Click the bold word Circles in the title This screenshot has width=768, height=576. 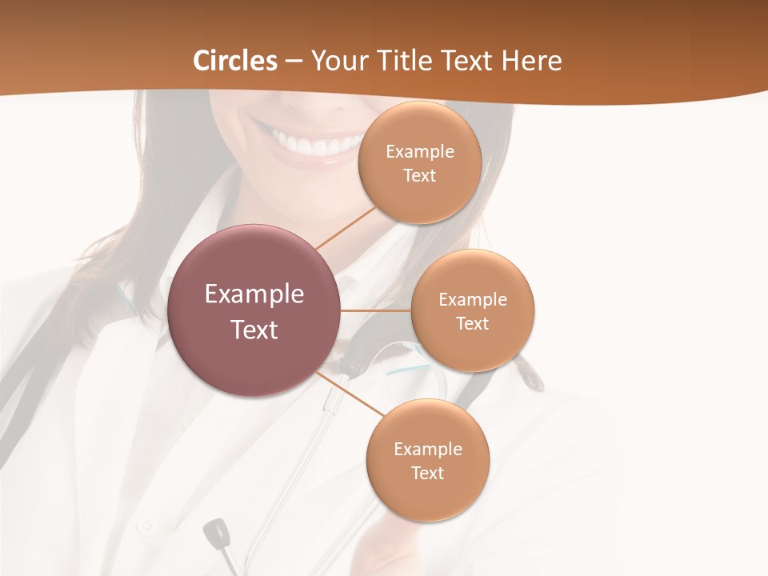click(235, 61)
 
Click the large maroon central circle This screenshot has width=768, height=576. click(254, 310)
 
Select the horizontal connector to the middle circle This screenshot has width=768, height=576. click(376, 310)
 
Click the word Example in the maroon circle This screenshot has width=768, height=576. click(254, 294)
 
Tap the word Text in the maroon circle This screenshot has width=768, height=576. click(254, 330)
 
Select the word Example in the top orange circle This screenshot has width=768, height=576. click(420, 152)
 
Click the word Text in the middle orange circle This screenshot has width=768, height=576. click(473, 324)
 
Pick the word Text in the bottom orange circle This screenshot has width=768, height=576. click(427, 474)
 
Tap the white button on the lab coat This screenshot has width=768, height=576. click(146, 526)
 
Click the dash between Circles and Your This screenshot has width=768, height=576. click(293, 62)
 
